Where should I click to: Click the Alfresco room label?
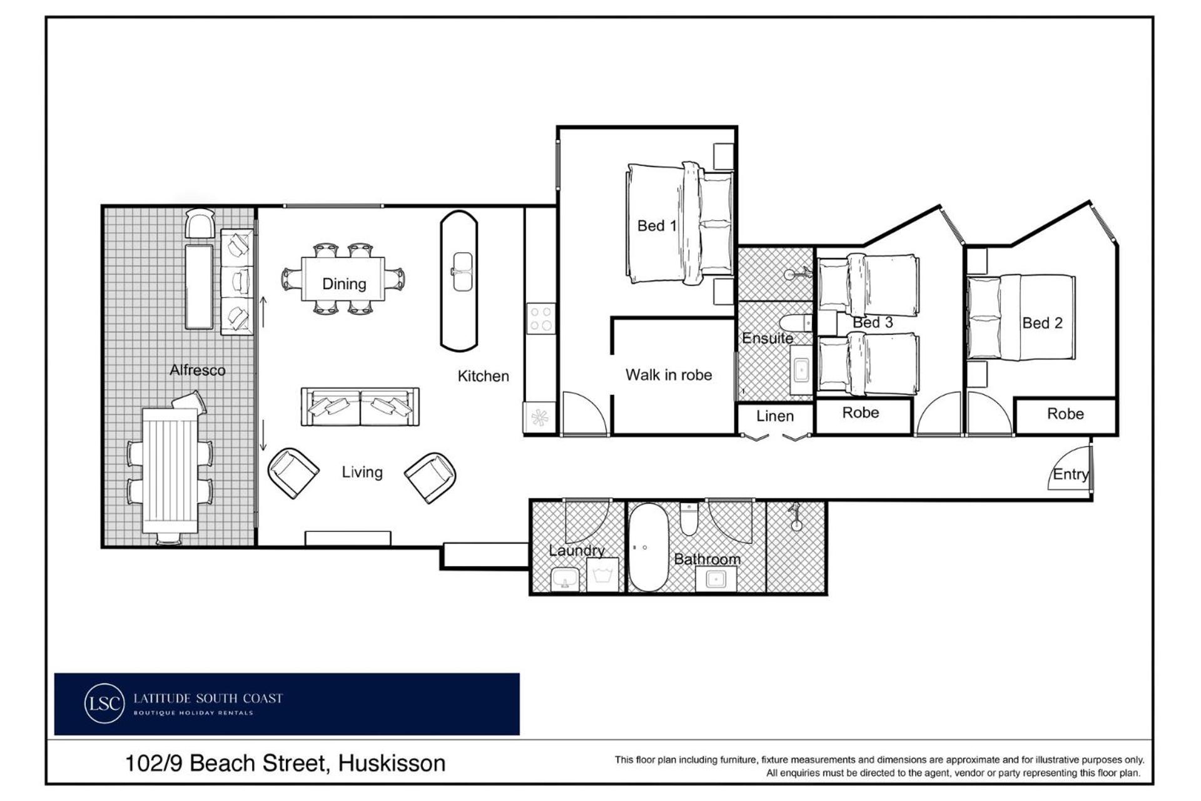tap(197, 370)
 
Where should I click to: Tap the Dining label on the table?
tap(344, 283)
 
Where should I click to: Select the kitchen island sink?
tap(462, 272)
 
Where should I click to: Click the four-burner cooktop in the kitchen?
tap(540, 317)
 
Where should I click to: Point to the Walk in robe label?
tap(669, 375)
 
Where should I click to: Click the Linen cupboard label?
tap(775, 416)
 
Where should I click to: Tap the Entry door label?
tap(1071, 474)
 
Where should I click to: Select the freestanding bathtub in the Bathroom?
tap(648, 547)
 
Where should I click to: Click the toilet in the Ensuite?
tap(796, 323)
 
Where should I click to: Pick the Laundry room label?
tap(577, 551)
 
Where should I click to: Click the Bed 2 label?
tap(1042, 323)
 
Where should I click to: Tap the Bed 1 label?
tap(657, 226)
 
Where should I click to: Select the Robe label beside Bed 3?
tap(861, 413)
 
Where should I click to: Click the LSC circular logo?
tap(104, 703)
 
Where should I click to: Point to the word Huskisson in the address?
tap(392, 763)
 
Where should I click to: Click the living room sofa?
tap(360, 407)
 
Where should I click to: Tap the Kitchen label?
tap(484, 376)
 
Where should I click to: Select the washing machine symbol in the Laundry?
tap(602, 574)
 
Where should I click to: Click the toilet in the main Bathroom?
tap(689, 519)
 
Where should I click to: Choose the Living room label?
tap(362, 472)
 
